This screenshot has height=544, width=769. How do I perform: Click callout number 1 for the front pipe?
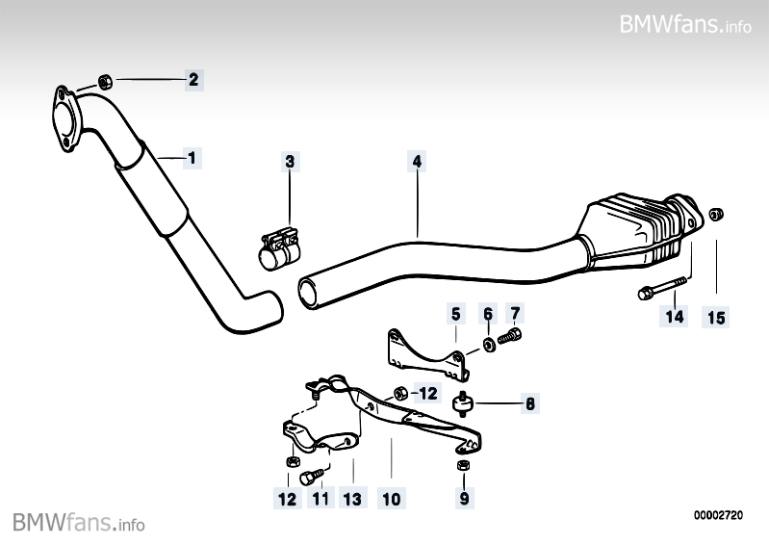[x=192, y=156]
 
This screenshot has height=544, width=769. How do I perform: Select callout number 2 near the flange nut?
[x=192, y=79]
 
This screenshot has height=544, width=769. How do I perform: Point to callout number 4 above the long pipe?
[x=417, y=162]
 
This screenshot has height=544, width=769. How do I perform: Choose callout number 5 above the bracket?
[x=456, y=313]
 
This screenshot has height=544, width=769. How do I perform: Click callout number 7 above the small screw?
[x=515, y=313]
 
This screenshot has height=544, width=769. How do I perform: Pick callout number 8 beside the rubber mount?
[x=528, y=405]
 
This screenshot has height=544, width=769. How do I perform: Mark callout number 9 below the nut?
[x=464, y=499]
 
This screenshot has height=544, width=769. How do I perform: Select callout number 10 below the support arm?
[x=390, y=499]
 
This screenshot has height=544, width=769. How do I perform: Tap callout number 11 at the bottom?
[x=320, y=499]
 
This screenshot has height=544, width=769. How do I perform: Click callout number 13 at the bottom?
[x=353, y=499]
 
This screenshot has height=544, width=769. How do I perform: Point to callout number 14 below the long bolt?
[x=675, y=316]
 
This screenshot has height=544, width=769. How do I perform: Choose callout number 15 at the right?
[x=717, y=316]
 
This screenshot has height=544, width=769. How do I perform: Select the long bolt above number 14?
[x=663, y=286]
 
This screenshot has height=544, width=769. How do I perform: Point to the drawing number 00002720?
[x=719, y=516]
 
